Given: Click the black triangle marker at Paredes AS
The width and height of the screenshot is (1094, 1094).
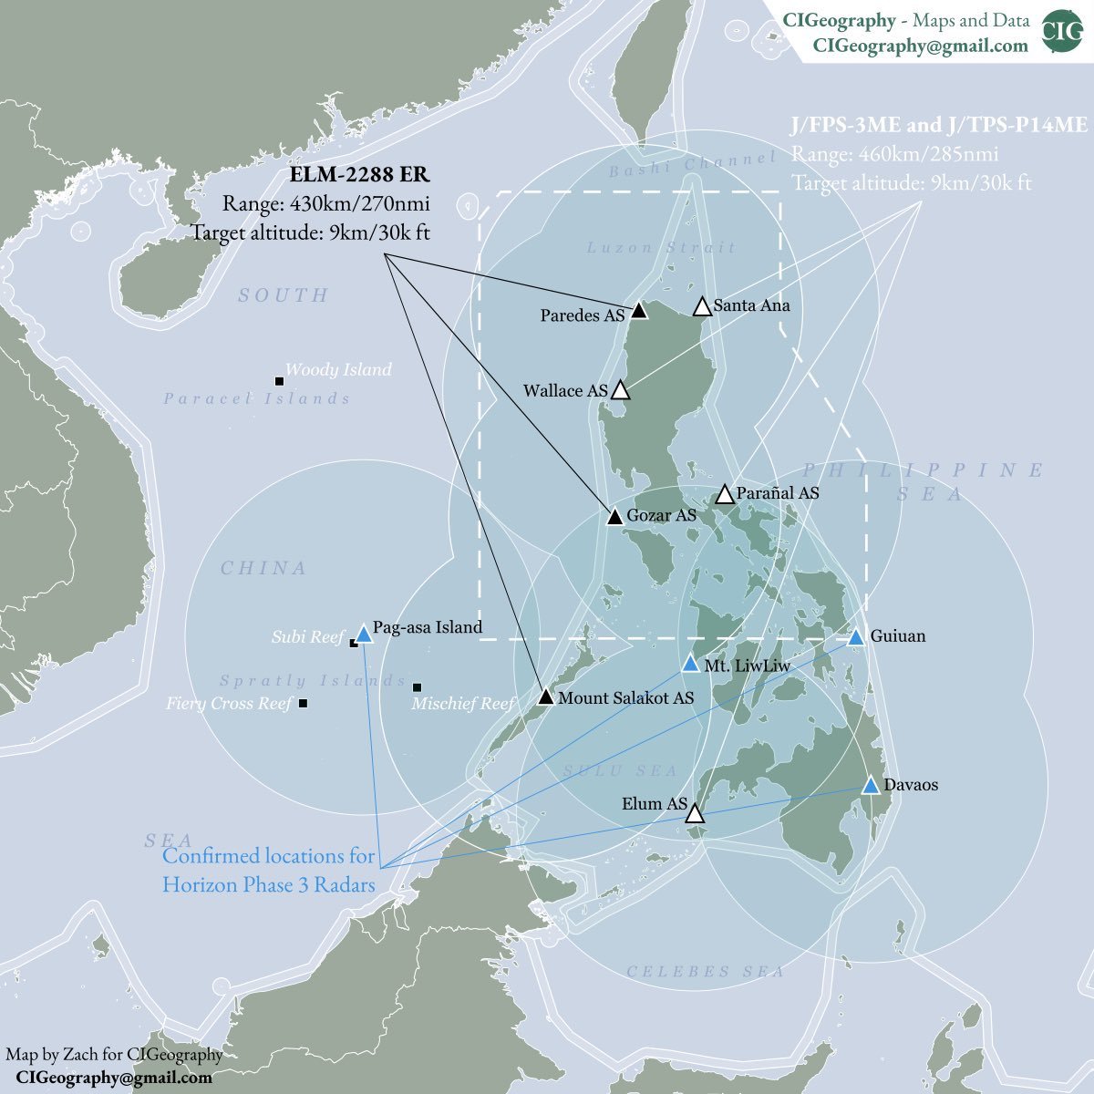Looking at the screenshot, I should pos(639,311).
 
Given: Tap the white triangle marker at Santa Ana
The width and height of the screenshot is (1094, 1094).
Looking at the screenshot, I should pos(702,306).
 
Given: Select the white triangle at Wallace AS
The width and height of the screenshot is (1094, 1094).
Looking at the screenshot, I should pos(620,390).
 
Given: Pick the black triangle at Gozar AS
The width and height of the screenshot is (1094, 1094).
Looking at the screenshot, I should pos(615,516).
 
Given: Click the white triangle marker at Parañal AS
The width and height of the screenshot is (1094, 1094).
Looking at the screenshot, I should pos(725,494).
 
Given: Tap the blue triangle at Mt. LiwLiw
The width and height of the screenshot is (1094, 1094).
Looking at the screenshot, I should pos(690,664).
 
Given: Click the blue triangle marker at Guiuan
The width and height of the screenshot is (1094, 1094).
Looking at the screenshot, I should pos(855,637).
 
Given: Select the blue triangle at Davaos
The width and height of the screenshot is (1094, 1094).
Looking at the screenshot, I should pos(871,786).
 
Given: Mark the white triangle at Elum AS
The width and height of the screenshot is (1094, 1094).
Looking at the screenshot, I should pos(695,813).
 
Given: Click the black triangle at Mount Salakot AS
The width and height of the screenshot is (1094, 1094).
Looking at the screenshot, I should pos(545,697).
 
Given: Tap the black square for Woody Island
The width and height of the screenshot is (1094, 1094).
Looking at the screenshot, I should pos(279,380).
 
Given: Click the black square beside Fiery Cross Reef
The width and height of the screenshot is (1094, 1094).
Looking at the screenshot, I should pos(304,703).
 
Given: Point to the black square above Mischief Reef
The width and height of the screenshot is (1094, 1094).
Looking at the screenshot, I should pos(417,686).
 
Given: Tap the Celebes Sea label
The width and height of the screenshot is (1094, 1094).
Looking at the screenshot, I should pos(705,972).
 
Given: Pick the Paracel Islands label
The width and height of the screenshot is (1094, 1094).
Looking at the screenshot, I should pos(256,398).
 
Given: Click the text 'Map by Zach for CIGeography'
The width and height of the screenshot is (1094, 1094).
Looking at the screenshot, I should pos(114,1055).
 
